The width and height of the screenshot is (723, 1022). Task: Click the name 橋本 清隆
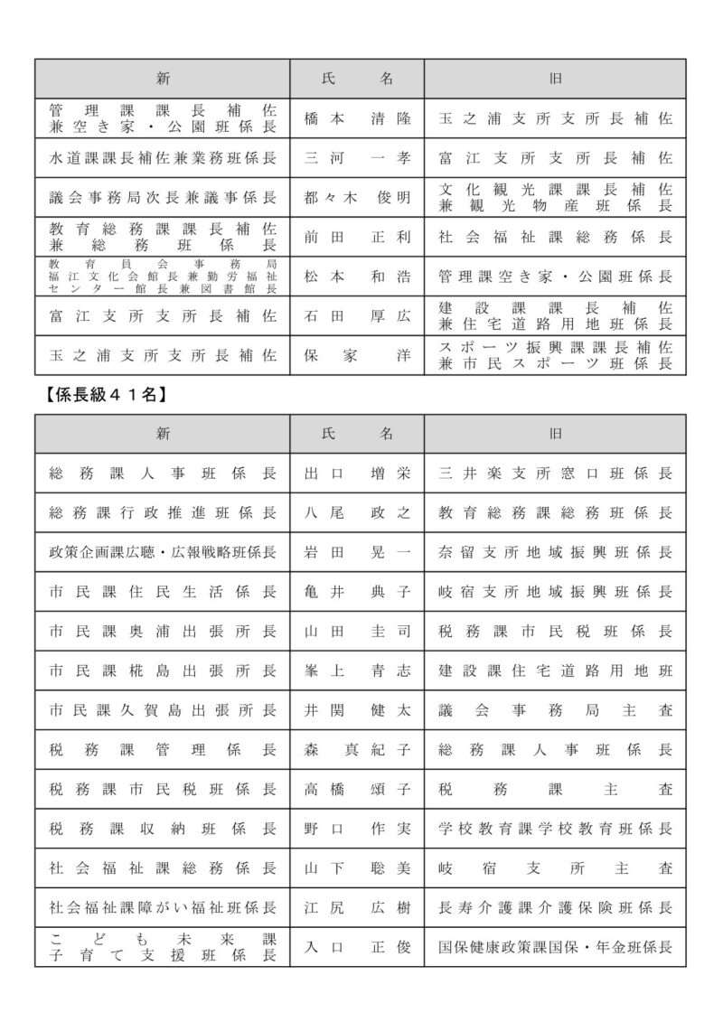coord(357,118)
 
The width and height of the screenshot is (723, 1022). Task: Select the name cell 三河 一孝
coord(357,158)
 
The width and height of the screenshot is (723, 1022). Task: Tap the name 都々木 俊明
coord(357,198)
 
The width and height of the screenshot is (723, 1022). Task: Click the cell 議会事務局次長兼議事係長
coord(163,198)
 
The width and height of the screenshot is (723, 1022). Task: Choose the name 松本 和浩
coord(357,277)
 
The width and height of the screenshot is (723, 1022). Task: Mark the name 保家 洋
coord(357,355)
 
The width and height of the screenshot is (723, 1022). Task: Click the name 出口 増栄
coord(357,473)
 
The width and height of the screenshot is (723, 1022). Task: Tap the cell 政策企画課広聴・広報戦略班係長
coord(163,552)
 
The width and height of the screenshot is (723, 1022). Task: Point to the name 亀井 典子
coord(357,592)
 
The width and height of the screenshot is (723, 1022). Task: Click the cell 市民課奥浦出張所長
coord(163,632)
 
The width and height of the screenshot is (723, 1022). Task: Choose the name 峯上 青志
coord(357,670)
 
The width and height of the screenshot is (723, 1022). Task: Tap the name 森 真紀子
coord(357,750)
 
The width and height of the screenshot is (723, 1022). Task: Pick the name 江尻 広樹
coord(357,907)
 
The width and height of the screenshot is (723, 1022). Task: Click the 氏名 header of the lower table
coord(357,434)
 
